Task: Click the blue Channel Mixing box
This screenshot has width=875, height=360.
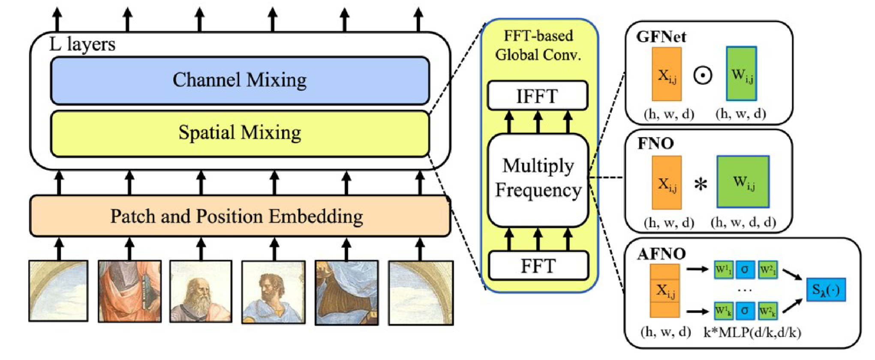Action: (x=240, y=81)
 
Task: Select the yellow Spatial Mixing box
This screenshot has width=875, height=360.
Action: (x=240, y=133)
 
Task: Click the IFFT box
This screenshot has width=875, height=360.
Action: (x=538, y=96)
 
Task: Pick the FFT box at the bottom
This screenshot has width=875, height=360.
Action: (x=538, y=266)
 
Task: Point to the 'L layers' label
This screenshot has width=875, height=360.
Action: (x=82, y=44)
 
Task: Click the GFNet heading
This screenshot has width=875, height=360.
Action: (x=661, y=37)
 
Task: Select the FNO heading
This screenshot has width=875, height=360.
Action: (x=655, y=143)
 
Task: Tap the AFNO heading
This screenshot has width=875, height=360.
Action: (x=661, y=254)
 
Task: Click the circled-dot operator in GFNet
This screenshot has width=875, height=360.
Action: (x=703, y=75)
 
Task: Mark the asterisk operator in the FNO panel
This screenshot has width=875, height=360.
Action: (x=700, y=185)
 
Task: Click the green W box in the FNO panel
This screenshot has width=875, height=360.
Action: (x=743, y=182)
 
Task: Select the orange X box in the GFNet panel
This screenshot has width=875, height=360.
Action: (x=667, y=75)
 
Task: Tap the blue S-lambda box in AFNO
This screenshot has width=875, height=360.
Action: (x=826, y=290)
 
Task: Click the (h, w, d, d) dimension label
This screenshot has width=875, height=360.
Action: (x=743, y=222)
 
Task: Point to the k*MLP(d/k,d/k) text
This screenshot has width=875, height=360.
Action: (x=752, y=332)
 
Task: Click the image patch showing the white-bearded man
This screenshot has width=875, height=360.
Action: (x=201, y=291)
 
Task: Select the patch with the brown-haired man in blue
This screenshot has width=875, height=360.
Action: (x=274, y=292)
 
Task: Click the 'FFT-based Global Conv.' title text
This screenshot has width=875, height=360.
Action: (x=538, y=45)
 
